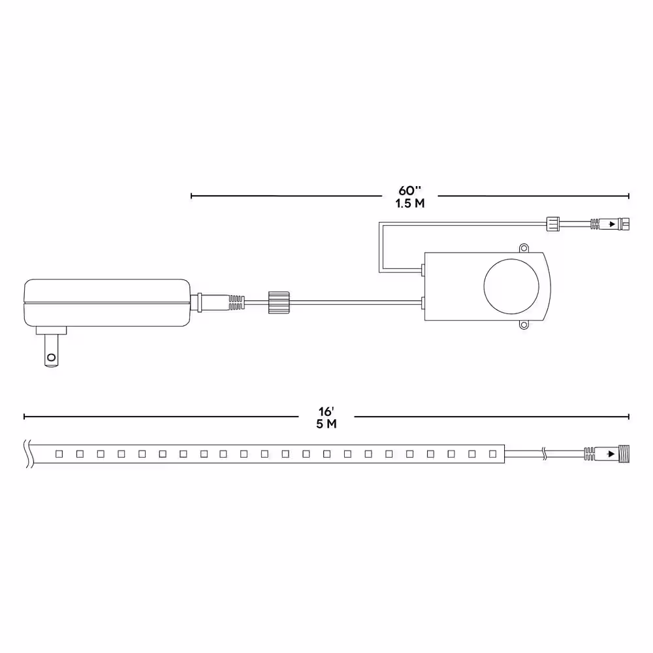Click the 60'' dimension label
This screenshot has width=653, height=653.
pyautogui.click(x=410, y=190)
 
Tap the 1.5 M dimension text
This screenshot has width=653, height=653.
pyautogui.click(x=410, y=203)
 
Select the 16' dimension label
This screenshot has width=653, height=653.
pyautogui.click(x=326, y=411)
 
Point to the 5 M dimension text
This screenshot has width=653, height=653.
pyautogui.click(x=326, y=424)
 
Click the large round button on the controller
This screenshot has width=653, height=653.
pyautogui.click(x=511, y=286)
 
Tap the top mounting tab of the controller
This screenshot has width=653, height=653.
pyautogui.click(x=524, y=249)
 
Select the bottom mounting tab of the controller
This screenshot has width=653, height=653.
pyautogui.click(x=524, y=324)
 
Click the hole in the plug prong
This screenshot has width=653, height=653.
pyautogui.click(x=51, y=357)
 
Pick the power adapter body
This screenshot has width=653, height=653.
pyautogui.click(x=107, y=303)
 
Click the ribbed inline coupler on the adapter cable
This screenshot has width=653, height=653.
pyautogui.click(x=279, y=302)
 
